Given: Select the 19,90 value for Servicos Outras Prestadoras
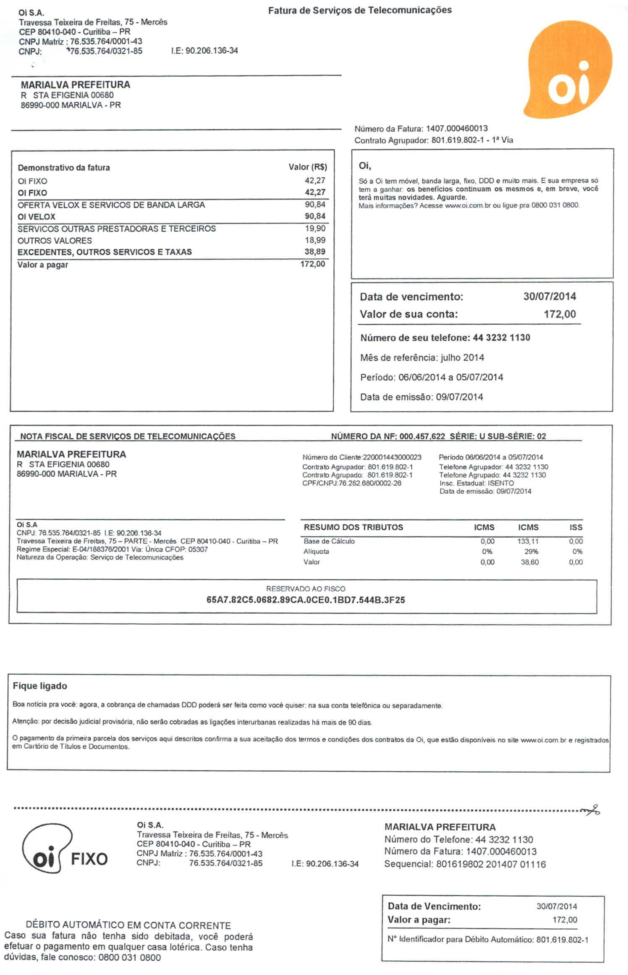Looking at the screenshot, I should tap(315, 229).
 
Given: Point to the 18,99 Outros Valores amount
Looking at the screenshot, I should tap(315, 240).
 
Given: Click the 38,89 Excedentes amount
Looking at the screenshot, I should tap(315, 252).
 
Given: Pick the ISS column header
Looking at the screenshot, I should tap(576, 527).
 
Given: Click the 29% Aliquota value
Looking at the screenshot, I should tap(531, 552).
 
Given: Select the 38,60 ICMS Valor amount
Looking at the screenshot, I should tap(529, 562).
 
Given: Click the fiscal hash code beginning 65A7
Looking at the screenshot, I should tap(306, 600).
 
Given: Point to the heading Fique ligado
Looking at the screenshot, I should tap(40, 686).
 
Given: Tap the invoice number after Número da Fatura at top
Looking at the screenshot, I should tap(457, 129).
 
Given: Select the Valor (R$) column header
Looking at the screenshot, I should tap(307, 167).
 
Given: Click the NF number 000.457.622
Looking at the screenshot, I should tap(422, 436).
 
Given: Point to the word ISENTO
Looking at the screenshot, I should tap(500, 483).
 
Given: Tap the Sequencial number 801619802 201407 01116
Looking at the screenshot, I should tap(491, 864).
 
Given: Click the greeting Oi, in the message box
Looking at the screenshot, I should tap(365, 166).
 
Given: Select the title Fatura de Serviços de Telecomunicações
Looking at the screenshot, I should tap(360, 10).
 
